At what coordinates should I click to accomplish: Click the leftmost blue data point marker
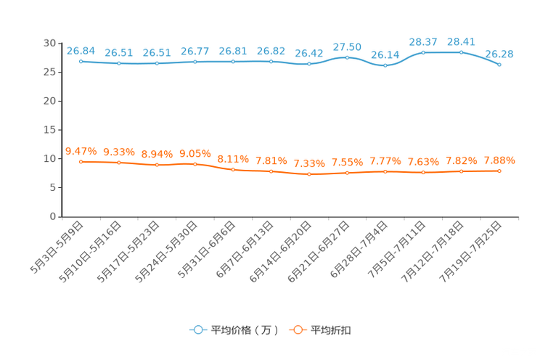(81, 61)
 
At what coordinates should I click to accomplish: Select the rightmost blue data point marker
(499, 65)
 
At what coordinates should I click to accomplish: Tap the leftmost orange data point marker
(81, 161)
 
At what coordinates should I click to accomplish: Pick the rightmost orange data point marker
(499, 171)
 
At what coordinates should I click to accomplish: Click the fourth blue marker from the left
(195, 62)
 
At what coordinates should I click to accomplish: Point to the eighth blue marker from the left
(347, 57)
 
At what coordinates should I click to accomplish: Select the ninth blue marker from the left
(385, 66)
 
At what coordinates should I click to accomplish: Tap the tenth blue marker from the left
(423, 52)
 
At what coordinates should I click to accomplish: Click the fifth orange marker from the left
(233, 168)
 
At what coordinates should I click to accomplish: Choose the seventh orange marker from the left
(309, 173)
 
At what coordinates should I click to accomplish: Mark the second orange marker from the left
(118, 163)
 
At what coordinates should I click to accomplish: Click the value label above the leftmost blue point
(81, 50)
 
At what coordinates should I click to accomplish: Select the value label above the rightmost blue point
(499, 53)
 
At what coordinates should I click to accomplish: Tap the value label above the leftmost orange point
(81, 150)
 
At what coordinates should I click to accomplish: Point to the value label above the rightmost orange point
(499, 160)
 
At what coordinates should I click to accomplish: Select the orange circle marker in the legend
(298, 330)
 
